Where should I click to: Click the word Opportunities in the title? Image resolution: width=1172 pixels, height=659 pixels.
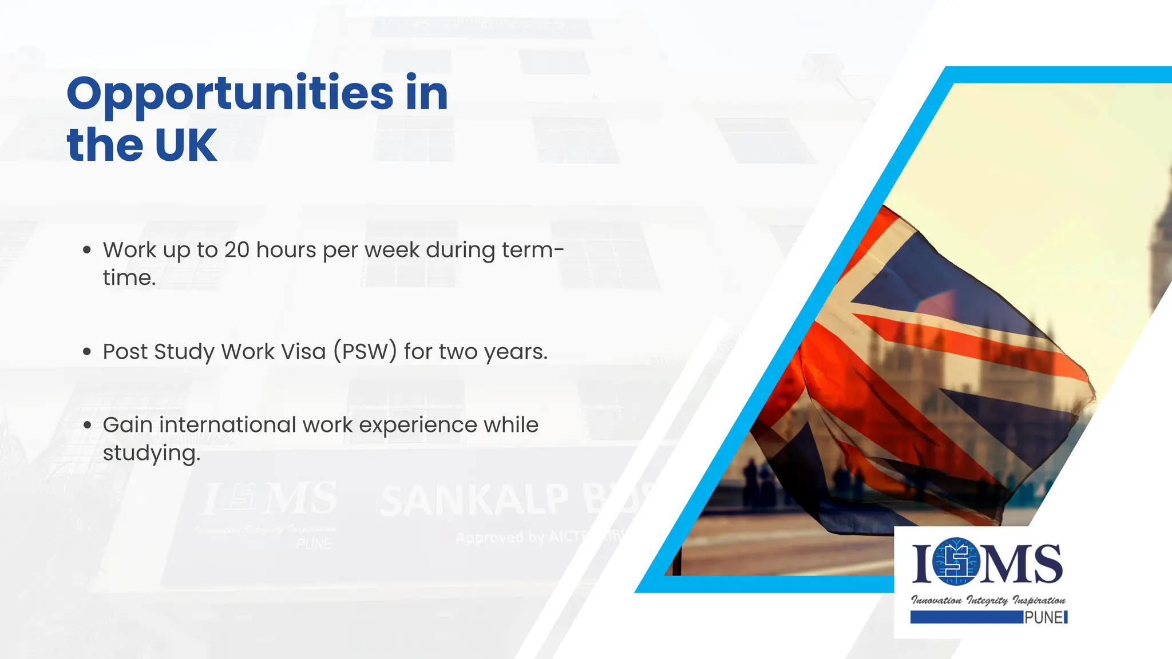coord(230,94)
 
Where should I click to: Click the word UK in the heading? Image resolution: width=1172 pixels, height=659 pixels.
coord(185,145)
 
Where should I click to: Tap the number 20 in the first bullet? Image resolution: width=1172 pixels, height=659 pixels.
coord(237,250)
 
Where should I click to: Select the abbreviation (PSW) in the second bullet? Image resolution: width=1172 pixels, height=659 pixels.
coord(365,351)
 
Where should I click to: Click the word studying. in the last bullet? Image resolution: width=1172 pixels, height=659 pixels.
coord(151,453)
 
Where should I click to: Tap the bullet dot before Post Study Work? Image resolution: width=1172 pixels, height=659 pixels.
coord(87,352)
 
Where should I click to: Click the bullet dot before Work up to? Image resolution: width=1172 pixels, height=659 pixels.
coord(87,250)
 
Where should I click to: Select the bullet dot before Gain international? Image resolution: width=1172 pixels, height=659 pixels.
coord(87,425)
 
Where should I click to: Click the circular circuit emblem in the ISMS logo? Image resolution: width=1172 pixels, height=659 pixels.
coord(956,561)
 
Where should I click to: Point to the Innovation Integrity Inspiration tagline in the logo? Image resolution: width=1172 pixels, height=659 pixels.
coord(988,600)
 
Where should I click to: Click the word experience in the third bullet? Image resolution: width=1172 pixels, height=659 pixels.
coord(418,425)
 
